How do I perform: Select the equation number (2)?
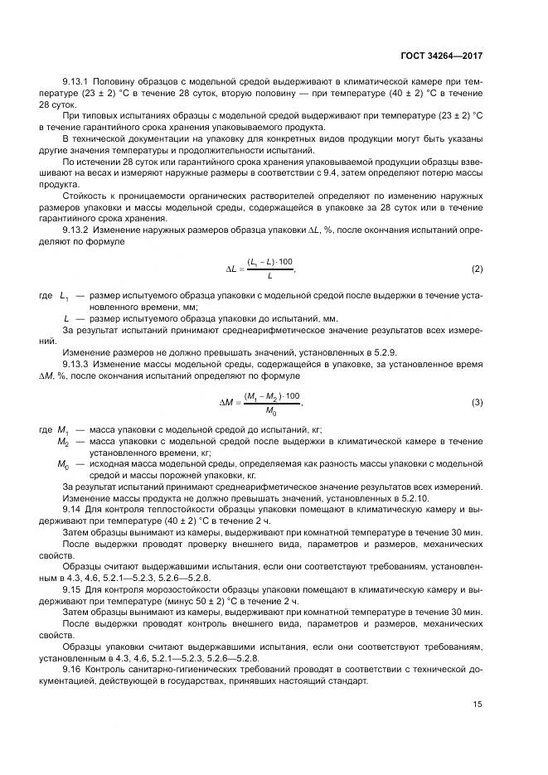(x=478, y=269)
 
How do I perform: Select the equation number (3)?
(x=478, y=403)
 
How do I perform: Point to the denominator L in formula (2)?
(x=269, y=276)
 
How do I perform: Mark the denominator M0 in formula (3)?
(x=270, y=410)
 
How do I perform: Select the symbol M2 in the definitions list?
(x=63, y=443)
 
